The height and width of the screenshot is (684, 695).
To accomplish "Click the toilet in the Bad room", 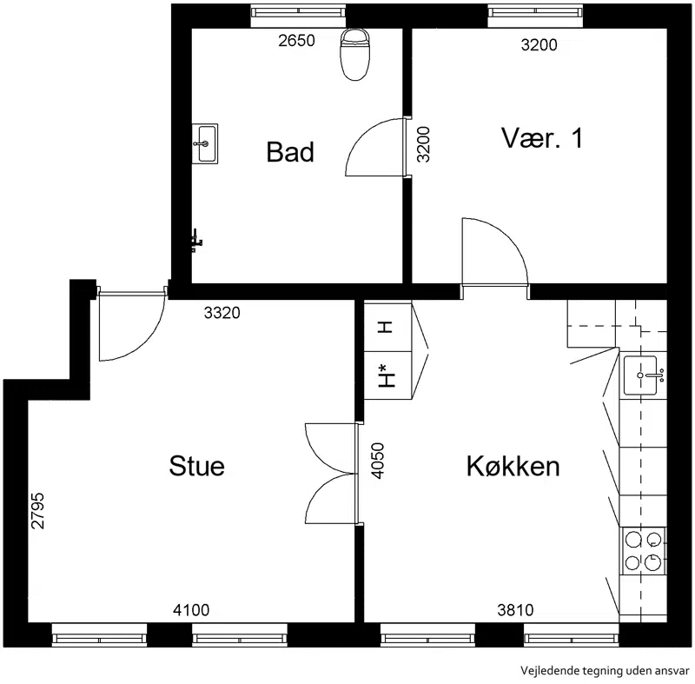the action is [354, 54].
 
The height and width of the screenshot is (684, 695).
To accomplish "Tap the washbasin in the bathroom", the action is [205, 143].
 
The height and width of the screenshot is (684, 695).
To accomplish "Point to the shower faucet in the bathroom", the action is [196, 241].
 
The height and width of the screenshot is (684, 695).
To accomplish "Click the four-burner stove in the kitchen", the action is [643, 551].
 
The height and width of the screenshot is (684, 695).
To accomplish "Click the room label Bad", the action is [290, 152].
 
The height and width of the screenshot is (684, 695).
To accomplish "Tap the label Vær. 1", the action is [542, 138].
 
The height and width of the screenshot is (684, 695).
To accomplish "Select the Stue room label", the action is [197, 466].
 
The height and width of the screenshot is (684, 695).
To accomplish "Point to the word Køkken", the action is [513, 466].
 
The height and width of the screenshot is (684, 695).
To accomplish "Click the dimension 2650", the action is [296, 41].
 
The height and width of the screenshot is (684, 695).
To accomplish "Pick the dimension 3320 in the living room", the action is [222, 313].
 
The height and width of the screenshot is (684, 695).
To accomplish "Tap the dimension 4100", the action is [191, 610].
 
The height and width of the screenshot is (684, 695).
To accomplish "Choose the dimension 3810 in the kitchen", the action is [515, 610].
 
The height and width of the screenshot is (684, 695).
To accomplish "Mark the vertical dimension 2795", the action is [38, 511].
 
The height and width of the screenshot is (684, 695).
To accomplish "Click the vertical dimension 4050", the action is [378, 461].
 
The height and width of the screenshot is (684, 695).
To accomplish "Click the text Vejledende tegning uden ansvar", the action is [605, 670].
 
